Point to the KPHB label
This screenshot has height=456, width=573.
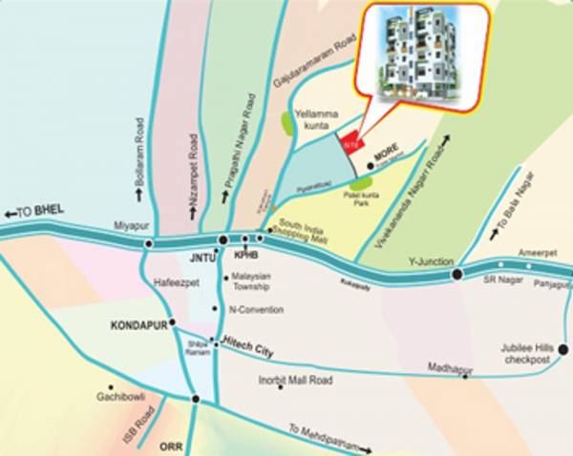[246, 257]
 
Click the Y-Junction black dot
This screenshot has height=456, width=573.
[457, 275]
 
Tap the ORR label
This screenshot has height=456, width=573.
[171, 445]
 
